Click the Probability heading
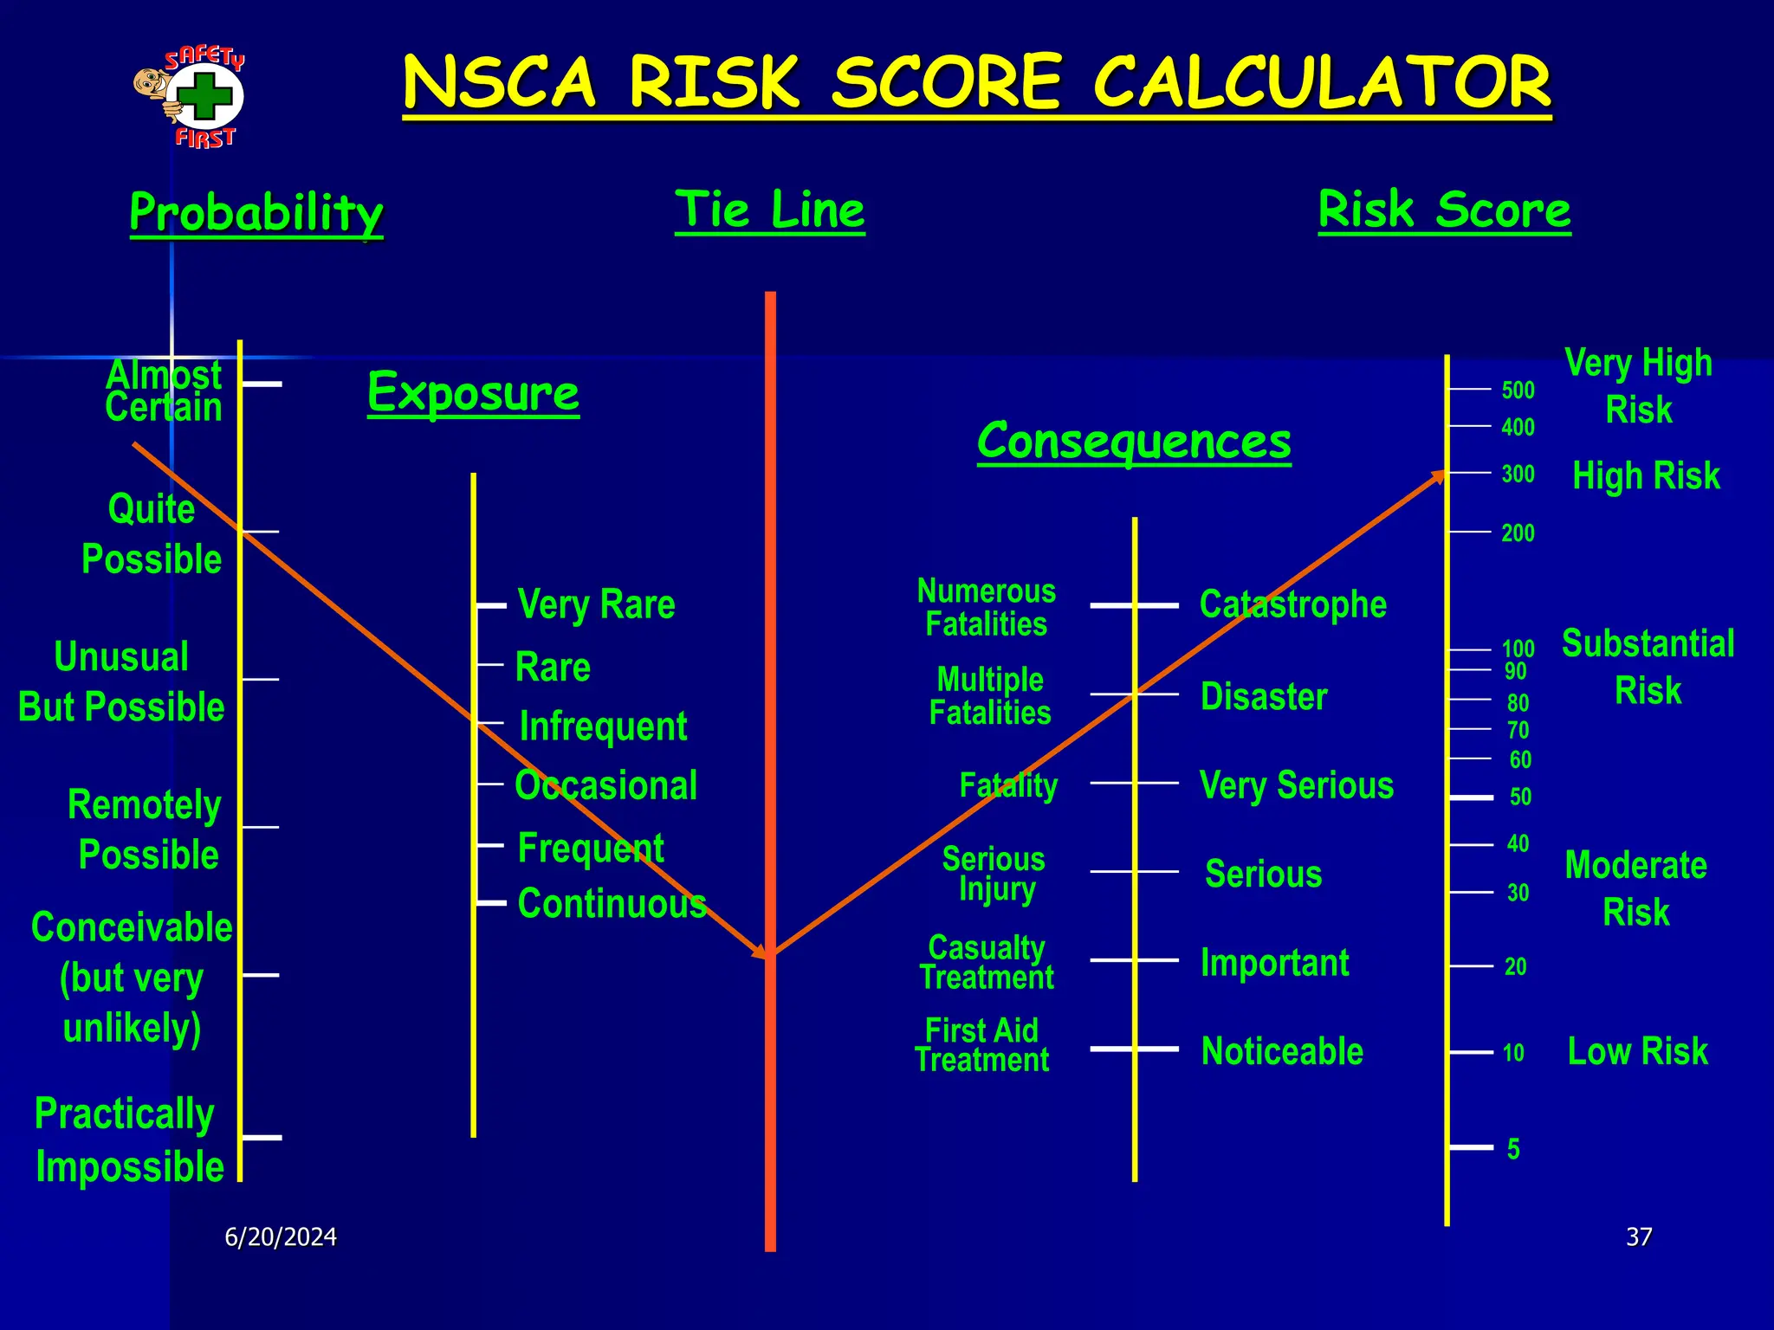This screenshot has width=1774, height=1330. pyautogui.click(x=256, y=212)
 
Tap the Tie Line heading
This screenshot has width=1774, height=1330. pyautogui.click(x=769, y=210)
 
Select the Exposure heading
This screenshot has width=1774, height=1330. pyautogui.click(x=473, y=392)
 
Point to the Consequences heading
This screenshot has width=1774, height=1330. pyautogui.click(x=1133, y=441)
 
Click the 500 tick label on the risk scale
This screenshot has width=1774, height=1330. pyautogui.click(x=1518, y=391)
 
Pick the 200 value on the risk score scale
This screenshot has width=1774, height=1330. pyautogui.click(x=1518, y=533)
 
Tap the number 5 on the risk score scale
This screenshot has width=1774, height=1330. pyautogui.click(x=1513, y=1149)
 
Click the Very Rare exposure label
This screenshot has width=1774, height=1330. pyautogui.click(x=596, y=604)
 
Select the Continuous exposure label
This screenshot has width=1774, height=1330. pyautogui.click(x=612, y=903)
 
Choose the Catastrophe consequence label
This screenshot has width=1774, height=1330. pyautogui.click(x=1292, y=604)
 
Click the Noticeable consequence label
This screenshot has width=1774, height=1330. pyautogui.click(x=1282, y=1051)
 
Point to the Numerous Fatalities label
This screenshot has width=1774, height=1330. pyautogui.click(x=986, y=608)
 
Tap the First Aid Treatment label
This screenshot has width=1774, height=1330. pyautogui.click(x=981, y=1045)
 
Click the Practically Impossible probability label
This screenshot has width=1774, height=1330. pyautogui.click(x=128, y=1140)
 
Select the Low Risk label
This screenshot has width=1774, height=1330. pyautogui.click(x=1637, y=1051)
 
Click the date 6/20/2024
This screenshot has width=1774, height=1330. pyautogui.click(x=281, y=1236)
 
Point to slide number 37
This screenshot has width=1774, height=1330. pyautogui.click(x=1639, y=1236)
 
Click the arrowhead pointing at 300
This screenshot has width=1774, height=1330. pyautogui.click(x=1438, y=475)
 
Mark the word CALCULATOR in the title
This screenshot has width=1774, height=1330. pyautogui.click(x=1322, y=82)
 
